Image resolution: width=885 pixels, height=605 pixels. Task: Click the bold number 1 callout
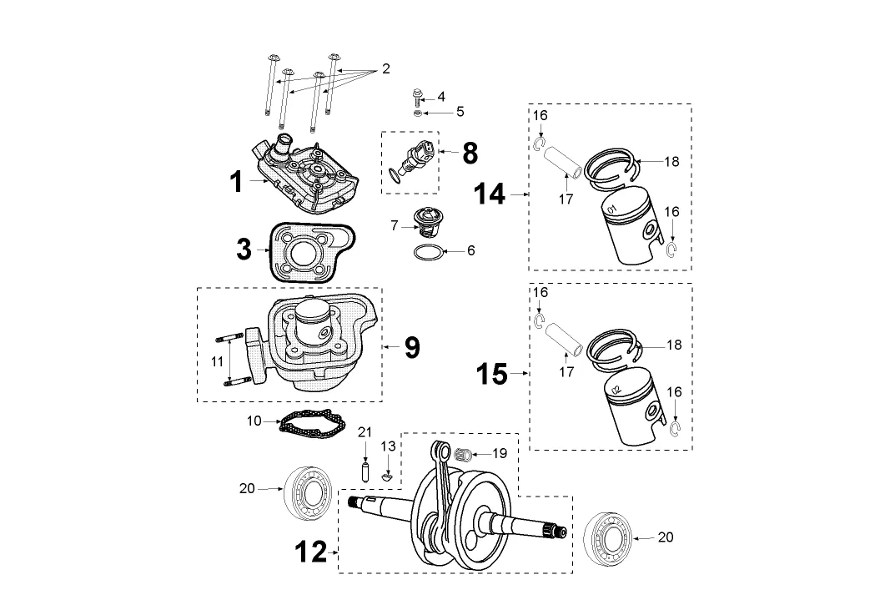[x=237, y=182]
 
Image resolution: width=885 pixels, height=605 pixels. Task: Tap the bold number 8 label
[x=470, y=153]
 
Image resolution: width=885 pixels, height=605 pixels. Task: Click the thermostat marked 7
[x=425, y=223]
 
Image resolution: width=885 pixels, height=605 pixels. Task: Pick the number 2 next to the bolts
[x=386, y=69]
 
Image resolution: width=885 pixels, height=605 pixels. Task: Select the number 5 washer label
[x=460, y=112]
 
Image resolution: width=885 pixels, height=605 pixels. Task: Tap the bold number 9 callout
[x=413, y=347]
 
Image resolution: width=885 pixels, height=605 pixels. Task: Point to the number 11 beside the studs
[x=218, y=361]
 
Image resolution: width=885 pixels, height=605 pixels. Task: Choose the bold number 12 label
[x=311, y=552]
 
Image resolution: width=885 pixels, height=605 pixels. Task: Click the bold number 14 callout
[x=490, y=194]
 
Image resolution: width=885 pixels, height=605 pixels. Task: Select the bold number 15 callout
[x=491, y=373]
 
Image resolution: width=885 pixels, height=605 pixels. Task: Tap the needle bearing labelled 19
[x=463, y=454]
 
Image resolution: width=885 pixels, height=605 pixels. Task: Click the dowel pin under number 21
[x=365, y=472]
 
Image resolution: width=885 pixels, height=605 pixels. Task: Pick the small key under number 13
[x=387, y=476]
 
